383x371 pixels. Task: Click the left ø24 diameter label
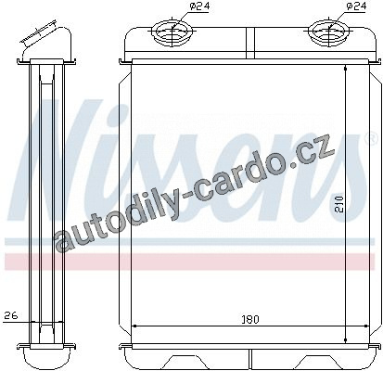(199, 6)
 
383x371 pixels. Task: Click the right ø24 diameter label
(356, 6)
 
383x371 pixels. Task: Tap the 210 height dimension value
(339, 204)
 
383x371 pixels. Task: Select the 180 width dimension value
(249, 319)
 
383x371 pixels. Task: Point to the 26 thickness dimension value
(11, 315)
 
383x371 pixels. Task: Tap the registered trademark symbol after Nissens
(372, 139)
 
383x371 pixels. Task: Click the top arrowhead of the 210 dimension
(345, 69)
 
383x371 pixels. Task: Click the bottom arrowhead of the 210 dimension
(345, 339)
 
